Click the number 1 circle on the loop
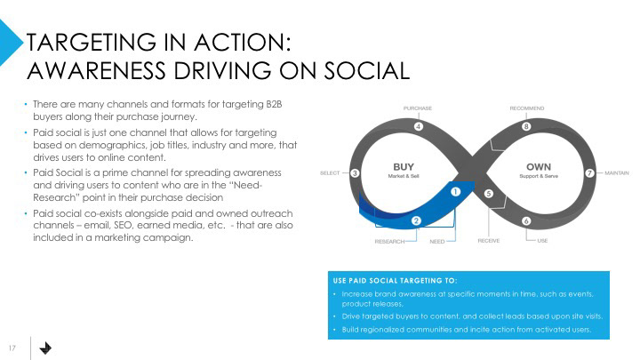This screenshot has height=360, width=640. point(455,190)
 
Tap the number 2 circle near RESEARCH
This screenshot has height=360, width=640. point(416,220)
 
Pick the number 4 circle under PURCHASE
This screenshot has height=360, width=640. point(418,127)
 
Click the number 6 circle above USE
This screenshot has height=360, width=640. point(526,220)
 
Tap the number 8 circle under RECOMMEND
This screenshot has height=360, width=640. point(526,127)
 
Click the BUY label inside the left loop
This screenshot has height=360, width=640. point(404,166)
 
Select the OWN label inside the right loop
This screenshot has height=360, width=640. point(539,166)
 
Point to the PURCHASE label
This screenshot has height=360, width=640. point(418,108)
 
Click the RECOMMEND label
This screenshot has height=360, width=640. point(527,108)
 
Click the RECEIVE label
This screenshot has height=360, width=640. point(488,241)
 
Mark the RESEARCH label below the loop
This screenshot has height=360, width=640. point(389,241)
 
